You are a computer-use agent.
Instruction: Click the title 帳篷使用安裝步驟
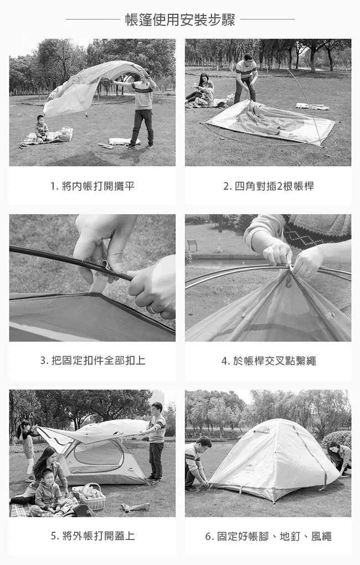click(180, 19)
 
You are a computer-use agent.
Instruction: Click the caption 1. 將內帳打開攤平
click(92, 186)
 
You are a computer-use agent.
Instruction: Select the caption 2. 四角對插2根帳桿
click(269, 186)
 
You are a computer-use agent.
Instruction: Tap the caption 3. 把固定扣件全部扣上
click(92, 360)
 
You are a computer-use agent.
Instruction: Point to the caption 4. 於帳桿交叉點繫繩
click(269, 361)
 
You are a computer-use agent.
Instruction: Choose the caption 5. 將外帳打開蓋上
click(92, 536)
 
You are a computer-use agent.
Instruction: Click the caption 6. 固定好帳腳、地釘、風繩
click(269, 536)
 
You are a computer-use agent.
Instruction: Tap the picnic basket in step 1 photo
click(65, 134)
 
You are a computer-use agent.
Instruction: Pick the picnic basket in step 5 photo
click(92, 497)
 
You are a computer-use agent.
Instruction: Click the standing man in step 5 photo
click(156, 442)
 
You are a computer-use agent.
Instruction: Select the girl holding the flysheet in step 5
click(27, 450)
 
